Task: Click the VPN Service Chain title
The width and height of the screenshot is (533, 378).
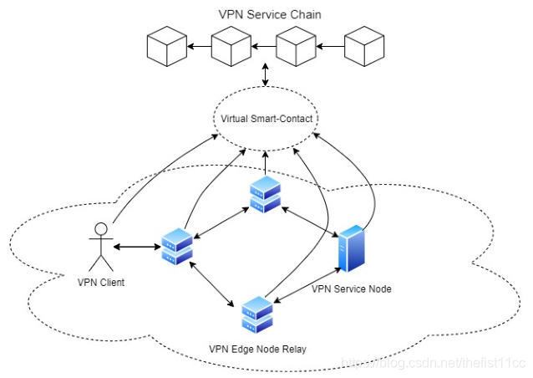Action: [x=270, y=14]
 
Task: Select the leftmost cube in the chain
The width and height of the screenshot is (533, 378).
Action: [x=167, y=46]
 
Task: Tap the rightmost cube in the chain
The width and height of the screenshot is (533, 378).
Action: [x=364, y=46]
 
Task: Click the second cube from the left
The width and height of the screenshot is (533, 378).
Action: [x=231, y=46]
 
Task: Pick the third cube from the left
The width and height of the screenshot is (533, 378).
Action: [x=296, y=46]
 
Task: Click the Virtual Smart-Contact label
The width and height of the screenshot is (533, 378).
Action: [x=266, y=119]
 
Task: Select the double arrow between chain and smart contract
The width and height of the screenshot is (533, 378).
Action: [x=266, y=74]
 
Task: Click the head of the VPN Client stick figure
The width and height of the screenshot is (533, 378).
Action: [x=101, y=229]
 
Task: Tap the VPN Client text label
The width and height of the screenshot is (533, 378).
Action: [x=101, y=283]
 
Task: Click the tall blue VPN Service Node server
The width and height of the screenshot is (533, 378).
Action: [x=352, y=248]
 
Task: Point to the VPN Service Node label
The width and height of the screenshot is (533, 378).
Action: [x=352, y=289]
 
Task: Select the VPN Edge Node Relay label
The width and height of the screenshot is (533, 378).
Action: [x=257, y=349]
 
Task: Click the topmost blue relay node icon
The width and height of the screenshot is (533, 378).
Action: [x=265, y=194]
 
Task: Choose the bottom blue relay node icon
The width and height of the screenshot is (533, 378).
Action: [x=257, y=315]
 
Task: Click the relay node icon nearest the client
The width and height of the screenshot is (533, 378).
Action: [x=177, y=247]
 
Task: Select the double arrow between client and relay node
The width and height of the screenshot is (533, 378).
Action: [x=137, y=247]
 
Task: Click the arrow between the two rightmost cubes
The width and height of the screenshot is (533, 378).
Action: [x=330, y=46]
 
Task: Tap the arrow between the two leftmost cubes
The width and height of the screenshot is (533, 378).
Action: [x=200, y=46]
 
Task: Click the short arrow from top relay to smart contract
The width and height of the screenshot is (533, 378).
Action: [x=266, y=164]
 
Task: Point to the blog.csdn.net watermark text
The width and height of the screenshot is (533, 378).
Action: [x=433, y=363]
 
